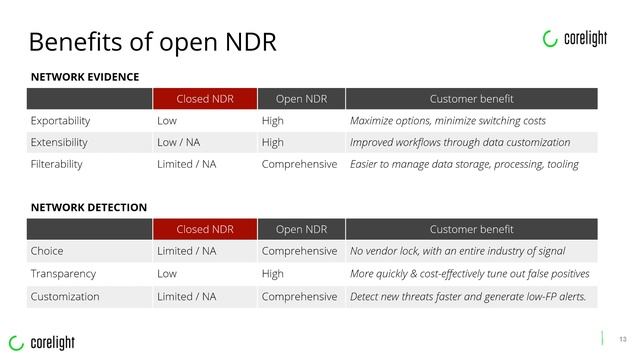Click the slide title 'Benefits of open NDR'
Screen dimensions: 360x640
point(152,43)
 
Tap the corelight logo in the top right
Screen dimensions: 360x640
point(575,39)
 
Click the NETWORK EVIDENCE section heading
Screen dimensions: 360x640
point(84,77)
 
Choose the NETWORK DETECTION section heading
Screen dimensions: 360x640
point(88,207)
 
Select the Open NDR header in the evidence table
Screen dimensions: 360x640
point(301,99)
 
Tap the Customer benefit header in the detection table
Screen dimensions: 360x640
point(471,229)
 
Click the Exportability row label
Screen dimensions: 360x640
point(61,121)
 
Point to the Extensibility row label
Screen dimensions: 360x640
point(59,142)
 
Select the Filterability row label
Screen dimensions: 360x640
point(57,164)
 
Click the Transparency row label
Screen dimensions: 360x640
point(63,273)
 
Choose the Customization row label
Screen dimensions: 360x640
point(65,296)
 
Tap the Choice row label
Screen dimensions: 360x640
point(48,251)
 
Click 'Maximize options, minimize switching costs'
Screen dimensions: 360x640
point(448,121)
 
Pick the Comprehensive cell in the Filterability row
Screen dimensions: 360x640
point(299,164)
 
